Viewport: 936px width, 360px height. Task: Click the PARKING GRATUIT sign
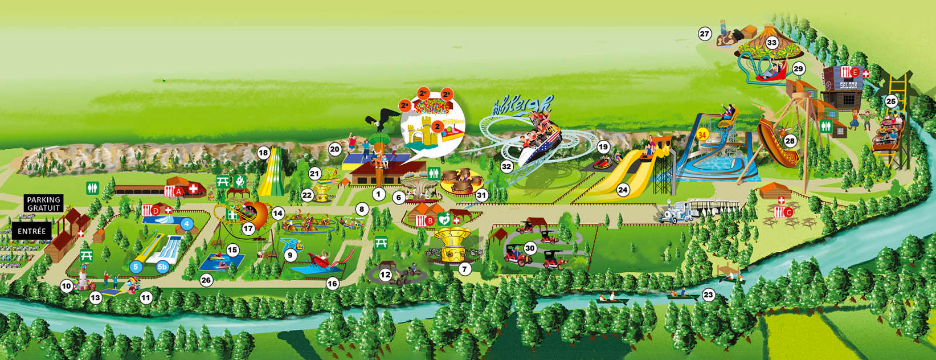[x=44, y=204]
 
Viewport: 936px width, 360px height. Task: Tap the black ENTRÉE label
[x=31, y=231]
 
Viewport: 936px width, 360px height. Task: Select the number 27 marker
[x=705, y=34]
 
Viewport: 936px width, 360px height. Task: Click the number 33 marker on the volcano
[x=772, y=43]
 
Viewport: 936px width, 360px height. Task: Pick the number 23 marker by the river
[x=708, y=294]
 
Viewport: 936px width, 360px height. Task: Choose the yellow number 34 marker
[x=702, y=134]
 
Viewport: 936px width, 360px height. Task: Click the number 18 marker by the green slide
[x=263, y=153]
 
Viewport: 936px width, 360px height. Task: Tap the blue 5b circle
[x=162, y=266]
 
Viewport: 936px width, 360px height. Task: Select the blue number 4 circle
[x=186, y=224]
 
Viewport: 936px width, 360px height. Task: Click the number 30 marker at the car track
[x=530, y=248]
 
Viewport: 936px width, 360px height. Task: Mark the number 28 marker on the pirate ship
[x=790, y=141]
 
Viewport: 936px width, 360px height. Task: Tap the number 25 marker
[x=891, y=102]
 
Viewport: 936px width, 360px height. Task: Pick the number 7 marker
[x=465, y=268]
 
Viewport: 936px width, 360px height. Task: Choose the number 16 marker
[x=332, y=283]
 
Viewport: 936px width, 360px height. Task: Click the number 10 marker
[x=67, y=287]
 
